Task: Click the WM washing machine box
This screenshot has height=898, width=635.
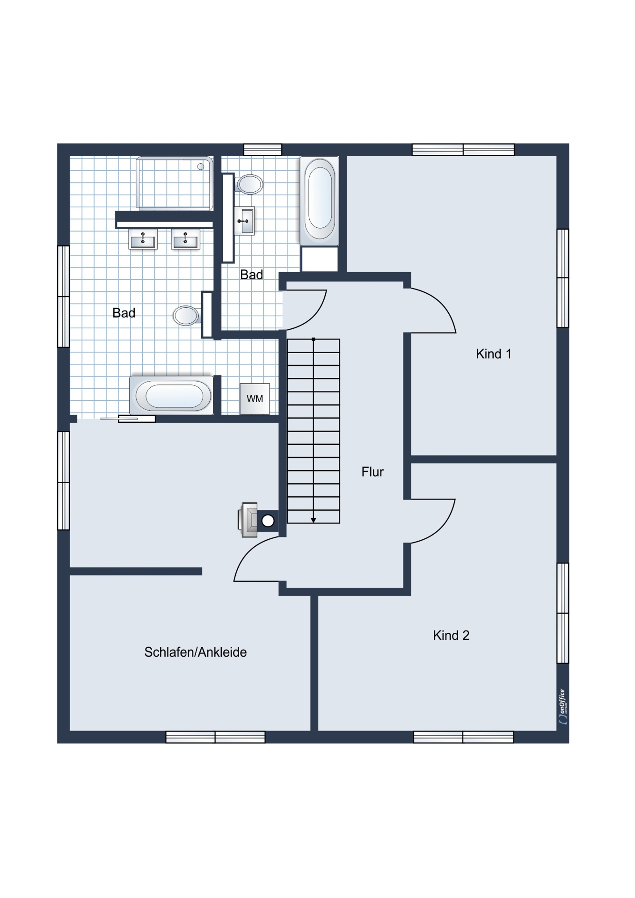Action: [255, 398]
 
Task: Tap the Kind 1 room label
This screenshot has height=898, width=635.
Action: [494, 354]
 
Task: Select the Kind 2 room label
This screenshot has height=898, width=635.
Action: [451, 635]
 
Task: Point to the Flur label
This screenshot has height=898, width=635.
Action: [372, 472]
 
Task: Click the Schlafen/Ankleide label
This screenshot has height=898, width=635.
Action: [196, 652]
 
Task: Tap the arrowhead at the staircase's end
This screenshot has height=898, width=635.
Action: [314, 520]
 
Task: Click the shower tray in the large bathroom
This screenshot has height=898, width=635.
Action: [175, 183]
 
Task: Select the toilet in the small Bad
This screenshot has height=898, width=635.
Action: [249, 184]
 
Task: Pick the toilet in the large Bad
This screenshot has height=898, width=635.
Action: [187, 316]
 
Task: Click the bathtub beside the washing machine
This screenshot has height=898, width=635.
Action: [172, 395]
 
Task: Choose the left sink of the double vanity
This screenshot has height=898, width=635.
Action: [143, 239]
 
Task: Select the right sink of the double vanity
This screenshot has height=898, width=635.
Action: [185, 239]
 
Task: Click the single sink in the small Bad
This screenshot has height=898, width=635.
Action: [244, 221]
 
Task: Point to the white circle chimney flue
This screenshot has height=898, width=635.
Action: [268, 521]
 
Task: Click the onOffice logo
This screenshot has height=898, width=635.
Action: [563, 707]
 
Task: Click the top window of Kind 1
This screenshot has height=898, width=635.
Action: [463, 150]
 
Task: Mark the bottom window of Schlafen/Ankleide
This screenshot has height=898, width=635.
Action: [216, 737]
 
